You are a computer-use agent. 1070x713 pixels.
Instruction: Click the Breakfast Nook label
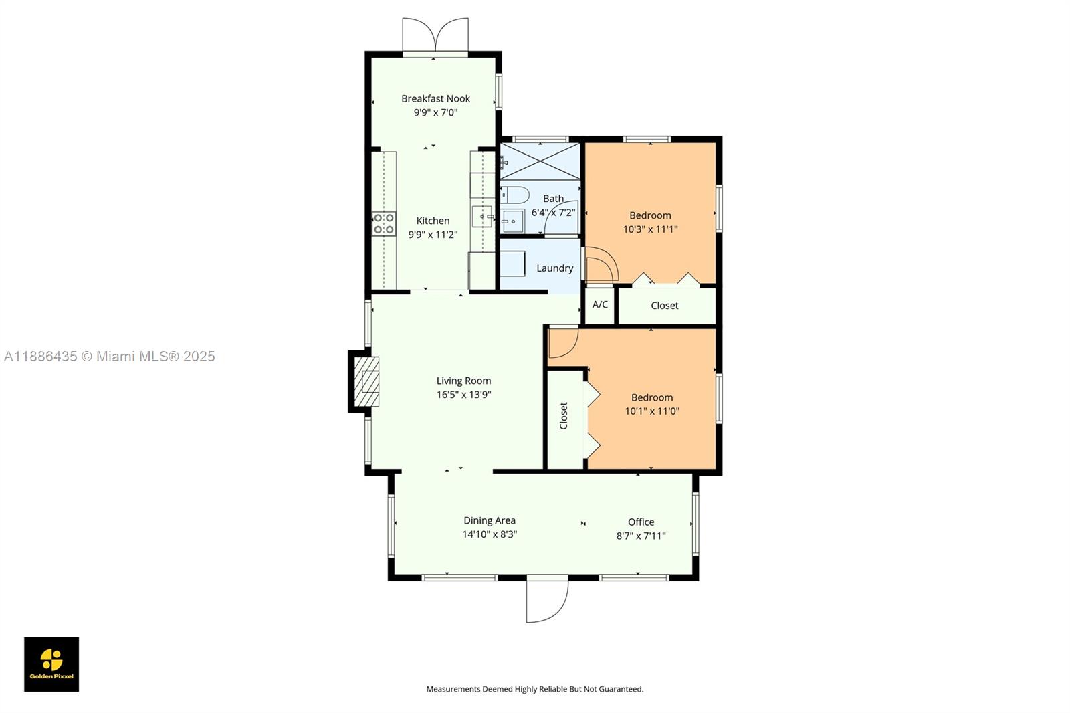435,98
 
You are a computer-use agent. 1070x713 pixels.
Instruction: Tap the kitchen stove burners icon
384,223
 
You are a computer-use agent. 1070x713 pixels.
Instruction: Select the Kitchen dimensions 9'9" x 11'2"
433,235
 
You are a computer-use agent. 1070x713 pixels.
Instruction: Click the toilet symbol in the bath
516,195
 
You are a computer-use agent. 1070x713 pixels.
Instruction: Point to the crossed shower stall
540,161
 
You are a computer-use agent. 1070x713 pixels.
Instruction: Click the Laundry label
554,268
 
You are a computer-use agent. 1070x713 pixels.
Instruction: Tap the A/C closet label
600,305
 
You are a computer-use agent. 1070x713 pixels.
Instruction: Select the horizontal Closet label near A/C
664,306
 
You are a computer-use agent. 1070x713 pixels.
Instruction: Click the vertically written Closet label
563,416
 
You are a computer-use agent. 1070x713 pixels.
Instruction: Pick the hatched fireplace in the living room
366,381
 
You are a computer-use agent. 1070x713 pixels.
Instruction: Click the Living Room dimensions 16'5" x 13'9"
463,395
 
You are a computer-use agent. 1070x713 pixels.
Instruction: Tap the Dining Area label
490,520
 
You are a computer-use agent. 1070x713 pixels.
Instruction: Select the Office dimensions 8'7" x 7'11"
641,536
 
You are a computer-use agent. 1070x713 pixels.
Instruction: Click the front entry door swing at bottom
546,600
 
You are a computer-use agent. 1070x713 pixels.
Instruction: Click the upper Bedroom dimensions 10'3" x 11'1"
650,229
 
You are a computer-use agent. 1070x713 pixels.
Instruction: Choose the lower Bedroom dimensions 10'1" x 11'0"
651,411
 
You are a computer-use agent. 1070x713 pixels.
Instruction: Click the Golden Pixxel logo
51,664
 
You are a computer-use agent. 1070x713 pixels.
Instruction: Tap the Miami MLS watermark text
110,356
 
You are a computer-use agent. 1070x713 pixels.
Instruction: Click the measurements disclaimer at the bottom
534,689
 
